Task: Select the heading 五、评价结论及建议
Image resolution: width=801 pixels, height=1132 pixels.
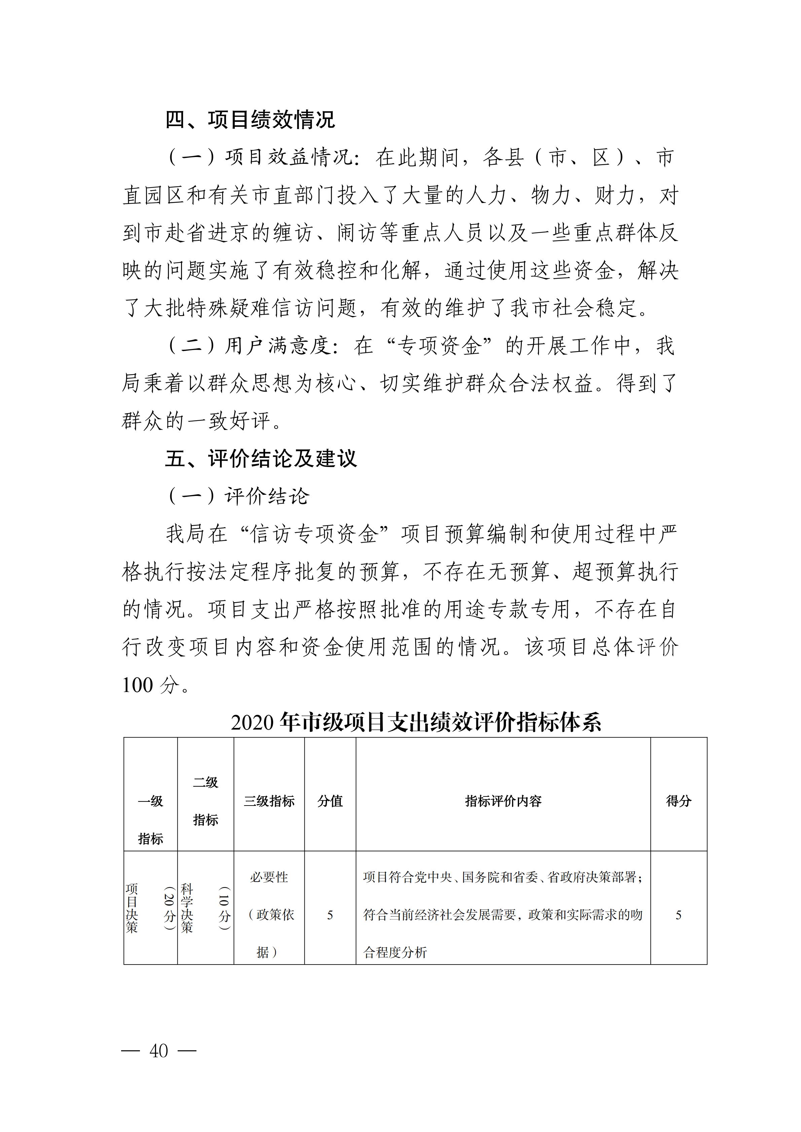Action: pos(261,459)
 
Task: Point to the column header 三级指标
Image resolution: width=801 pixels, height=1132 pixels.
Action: pos(269,801)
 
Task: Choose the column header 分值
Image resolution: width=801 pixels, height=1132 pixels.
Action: pos(330,801)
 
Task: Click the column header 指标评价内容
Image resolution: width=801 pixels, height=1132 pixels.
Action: pos(503,801)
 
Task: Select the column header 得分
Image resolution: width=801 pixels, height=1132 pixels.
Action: pos(679,801)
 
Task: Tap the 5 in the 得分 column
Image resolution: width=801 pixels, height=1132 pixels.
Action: pos(679,915)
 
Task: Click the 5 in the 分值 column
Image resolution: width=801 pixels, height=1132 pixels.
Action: pos(330,915)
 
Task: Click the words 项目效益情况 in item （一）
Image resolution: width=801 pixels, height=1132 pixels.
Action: pos(289,157)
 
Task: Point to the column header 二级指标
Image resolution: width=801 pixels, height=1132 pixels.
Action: pos(206,801)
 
